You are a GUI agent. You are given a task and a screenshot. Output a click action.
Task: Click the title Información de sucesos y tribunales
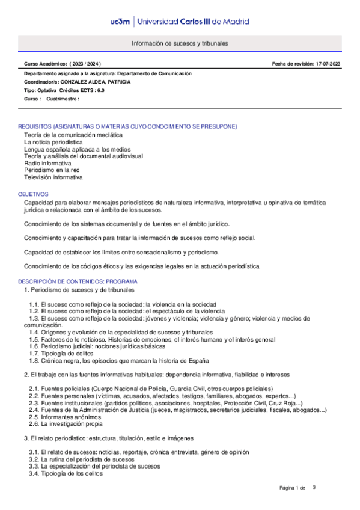(x=180, y=44)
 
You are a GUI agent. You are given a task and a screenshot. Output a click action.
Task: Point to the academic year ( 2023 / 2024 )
(x=85, y=63)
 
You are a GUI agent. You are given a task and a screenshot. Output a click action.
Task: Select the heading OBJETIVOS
(x=33, y=195)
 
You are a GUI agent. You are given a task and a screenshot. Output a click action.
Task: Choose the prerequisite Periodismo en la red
(x=52, y=170)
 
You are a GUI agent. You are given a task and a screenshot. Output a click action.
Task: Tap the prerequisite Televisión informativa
(x=53, y=177)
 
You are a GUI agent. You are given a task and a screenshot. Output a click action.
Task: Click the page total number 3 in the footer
(x=314, y=487)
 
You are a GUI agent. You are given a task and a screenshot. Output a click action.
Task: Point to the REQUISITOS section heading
(x=127, y=126)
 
